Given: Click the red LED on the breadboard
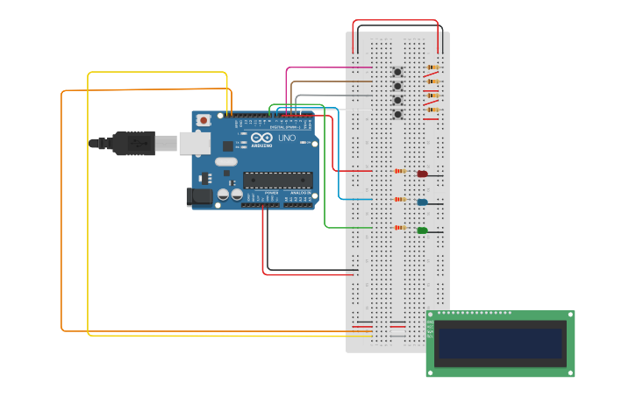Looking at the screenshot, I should click(422, 174).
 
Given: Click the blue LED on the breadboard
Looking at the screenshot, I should click(422, 202).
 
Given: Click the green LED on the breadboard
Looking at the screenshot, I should click(422, 230).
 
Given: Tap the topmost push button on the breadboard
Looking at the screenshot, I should click(397, 72).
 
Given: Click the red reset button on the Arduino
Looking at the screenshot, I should click(204, 120).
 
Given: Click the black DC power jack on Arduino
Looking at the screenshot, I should click(200, 198).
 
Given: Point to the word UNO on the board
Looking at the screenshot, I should click(287, 138).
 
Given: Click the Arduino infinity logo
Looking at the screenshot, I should click(262, 138).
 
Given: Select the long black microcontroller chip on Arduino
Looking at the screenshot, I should click(278, 180).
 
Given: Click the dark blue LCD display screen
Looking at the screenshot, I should click(500, 343).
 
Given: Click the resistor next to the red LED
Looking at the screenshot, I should click(401, 171).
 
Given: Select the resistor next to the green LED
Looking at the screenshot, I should click(401, 228).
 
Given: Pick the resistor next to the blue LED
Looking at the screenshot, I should click(401, 200).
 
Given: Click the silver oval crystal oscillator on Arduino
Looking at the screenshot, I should click(225, 161).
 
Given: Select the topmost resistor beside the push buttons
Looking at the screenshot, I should click(432, 67).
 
